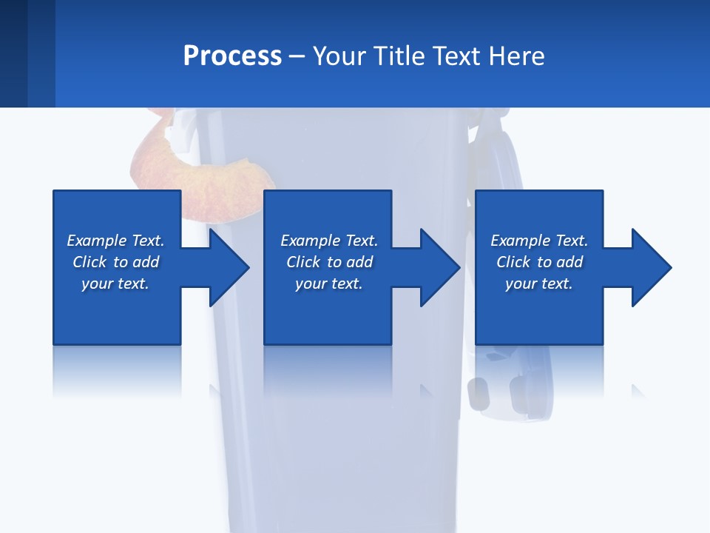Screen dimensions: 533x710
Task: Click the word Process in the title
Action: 232,56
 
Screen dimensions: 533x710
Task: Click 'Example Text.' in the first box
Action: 115,241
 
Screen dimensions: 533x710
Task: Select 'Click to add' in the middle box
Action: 329,262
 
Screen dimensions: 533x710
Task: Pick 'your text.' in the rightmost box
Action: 539,284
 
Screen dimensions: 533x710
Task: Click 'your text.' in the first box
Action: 115,284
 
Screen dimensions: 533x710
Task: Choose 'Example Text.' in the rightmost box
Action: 539,241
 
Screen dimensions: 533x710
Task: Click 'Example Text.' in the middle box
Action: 329,241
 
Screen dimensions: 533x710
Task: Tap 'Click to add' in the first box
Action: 115,262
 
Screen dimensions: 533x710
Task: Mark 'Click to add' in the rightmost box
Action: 539,262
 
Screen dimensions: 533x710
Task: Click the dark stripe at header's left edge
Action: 13,53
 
